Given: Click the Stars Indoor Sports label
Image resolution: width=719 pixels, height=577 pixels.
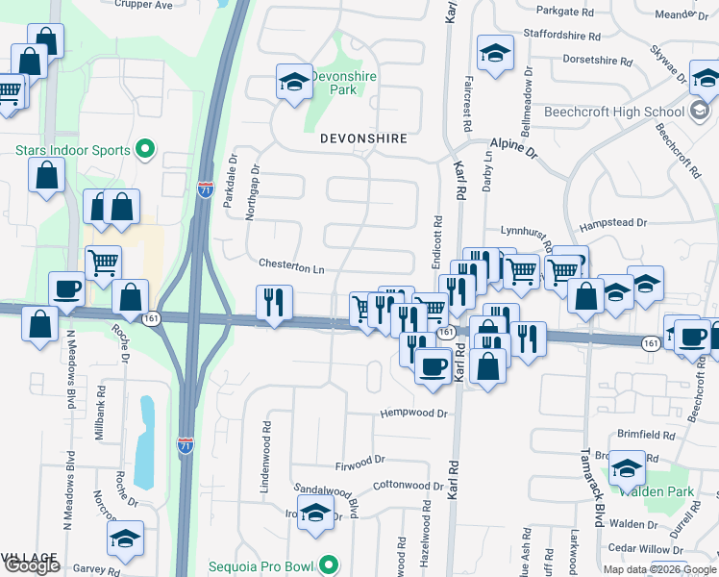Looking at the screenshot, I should (x=73, y=150).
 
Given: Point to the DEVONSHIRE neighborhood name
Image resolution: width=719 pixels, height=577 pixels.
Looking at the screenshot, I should (x=363, y=138).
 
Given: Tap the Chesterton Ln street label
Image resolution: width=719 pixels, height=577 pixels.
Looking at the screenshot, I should (x=291, y=265).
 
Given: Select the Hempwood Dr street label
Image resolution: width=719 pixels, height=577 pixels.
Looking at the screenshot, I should (x=414, y=414).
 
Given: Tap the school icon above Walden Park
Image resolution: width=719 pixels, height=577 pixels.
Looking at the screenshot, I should (x=628, y=468).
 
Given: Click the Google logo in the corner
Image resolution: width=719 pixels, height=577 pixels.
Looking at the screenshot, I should (x=31, y=565).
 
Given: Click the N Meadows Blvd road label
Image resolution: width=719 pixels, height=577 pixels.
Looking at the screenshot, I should (x=69, y=370).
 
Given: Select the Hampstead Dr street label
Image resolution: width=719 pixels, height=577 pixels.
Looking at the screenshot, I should (x=613, y=222).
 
